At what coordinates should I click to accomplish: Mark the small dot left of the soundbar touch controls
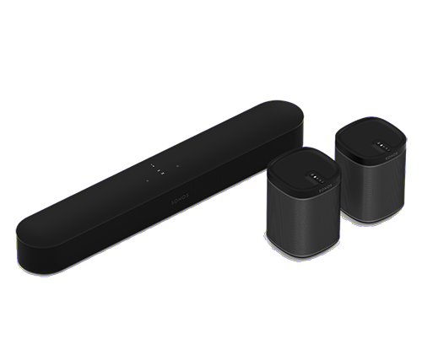coord(143,180)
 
